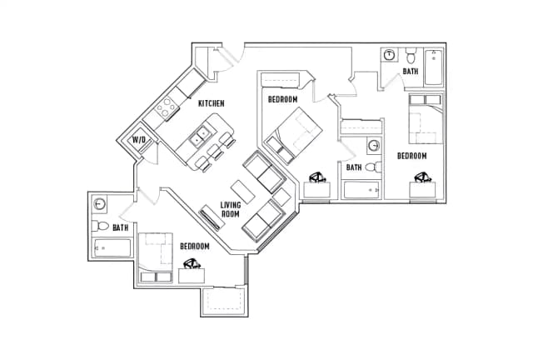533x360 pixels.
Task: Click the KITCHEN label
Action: pos(211,103)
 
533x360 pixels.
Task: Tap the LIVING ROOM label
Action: pos(231,209)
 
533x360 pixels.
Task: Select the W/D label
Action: pos(139,139)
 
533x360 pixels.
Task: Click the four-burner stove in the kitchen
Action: pos(167,107)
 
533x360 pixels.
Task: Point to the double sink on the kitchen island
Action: pos(201,136)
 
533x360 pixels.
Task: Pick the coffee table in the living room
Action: pos(243,192)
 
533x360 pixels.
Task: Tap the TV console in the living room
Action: pos(212,218)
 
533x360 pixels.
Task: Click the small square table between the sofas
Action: pos(281,197)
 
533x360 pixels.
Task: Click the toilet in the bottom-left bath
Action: pos(100,226)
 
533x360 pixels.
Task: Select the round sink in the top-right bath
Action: pos(390,55)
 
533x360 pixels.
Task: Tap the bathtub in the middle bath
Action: pos(361,190)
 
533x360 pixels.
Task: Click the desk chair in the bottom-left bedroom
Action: pos(192,264)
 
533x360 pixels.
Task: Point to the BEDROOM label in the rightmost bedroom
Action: pos(411,156)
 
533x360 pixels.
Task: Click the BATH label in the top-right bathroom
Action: pos(411,72)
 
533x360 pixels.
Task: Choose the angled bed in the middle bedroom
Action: pos(294,136)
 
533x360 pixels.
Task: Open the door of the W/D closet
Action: pos(153,152)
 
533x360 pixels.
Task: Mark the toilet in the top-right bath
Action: pos(411,57)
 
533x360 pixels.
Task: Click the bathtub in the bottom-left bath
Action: pos(112,248)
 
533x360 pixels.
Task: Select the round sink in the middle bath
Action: pos(374,146)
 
